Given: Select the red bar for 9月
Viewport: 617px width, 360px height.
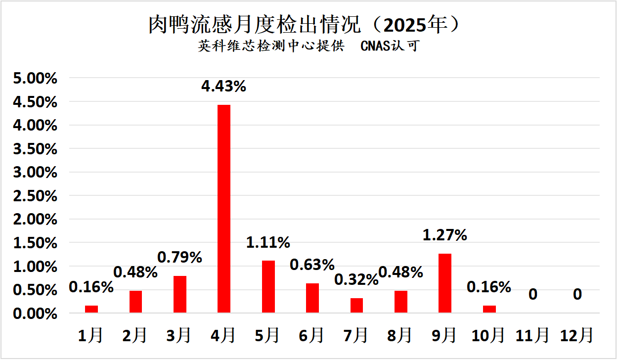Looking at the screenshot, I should point(444,283).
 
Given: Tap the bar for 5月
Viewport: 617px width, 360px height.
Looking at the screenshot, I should point(268,286).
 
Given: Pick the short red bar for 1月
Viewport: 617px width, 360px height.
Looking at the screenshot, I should point(91,309).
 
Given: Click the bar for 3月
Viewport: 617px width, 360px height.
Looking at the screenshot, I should point(179,294).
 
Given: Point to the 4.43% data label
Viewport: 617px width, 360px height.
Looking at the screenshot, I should point(223,87).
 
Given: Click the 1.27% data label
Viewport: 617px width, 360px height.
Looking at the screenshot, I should point(444,234).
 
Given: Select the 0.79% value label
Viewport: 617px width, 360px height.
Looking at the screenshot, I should point(179,257).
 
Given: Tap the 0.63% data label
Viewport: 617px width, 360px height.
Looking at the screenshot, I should point(312,265).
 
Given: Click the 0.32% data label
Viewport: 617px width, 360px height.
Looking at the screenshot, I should point(356,279).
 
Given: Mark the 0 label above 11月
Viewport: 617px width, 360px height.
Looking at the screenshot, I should point(533,295).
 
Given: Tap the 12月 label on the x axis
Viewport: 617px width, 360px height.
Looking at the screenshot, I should point(577,336).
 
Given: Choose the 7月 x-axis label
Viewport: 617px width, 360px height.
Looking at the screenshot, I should point(356,336).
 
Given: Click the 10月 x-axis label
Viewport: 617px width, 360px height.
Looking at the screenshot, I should point(488,336).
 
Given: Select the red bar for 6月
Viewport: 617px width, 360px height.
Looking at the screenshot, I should point(312,298).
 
